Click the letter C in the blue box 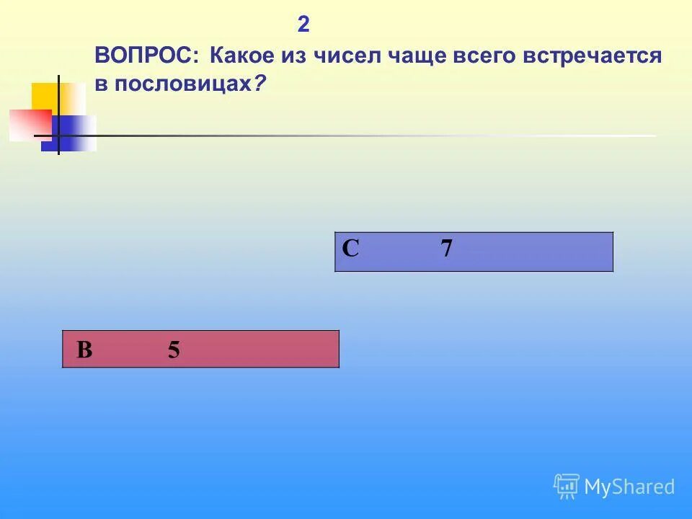point(350,249)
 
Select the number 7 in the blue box point(447,249)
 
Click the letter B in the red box point(84,350)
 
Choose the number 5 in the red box point(174,350)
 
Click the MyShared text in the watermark point(629,487)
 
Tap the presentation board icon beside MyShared point(567,487)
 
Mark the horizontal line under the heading point(360,136)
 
